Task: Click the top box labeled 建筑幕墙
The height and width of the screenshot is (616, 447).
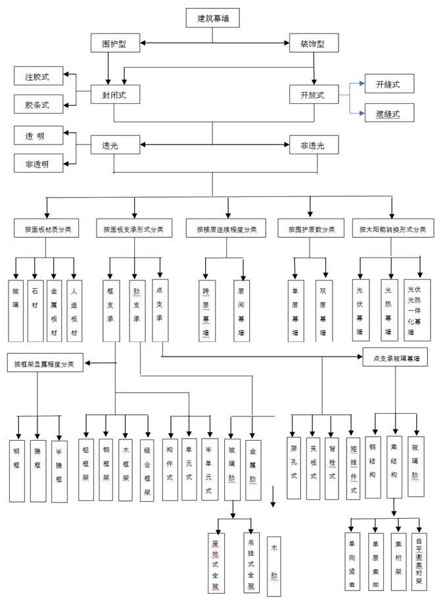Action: (x=214, y=18)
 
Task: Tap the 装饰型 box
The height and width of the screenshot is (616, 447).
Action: (x=314, y=44)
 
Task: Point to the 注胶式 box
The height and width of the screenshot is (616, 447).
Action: (x=39, y=77)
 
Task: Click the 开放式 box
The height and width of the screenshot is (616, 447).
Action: (x=314, y=95)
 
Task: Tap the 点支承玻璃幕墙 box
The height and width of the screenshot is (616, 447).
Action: (x=396, y=360)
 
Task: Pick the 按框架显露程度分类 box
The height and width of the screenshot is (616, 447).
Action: (x=45, y=363)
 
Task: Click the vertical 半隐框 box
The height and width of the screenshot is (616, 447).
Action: (x=59, y=470)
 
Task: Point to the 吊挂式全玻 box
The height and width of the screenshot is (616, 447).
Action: (x=250, y=562)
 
